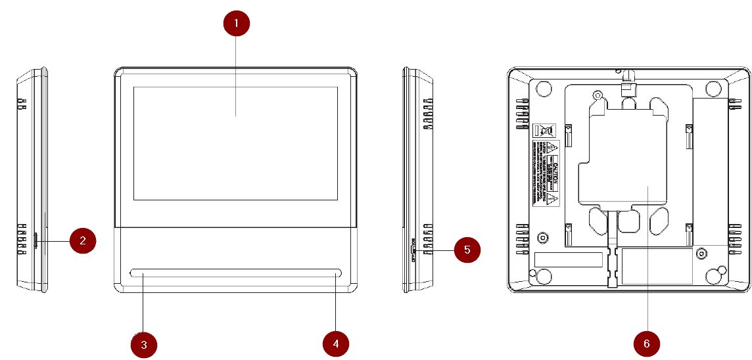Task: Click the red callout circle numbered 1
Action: tap(237, 24)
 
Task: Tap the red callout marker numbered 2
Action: tap(83, 240)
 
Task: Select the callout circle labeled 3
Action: tap(144, 344)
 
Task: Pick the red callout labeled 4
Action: tap(336, 343)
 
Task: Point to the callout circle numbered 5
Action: tap(467, 250)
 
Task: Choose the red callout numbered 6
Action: tap(647, 343)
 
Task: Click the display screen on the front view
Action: tap(235, 143)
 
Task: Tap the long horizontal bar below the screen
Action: tap(235, 273)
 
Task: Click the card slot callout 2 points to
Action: tap(35, 240)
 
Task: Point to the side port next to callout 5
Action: tap(413, 250)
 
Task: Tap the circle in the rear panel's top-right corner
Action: tap(715, 87)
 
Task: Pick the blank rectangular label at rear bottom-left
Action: tap(569, 259)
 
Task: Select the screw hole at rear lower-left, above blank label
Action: tap(543, 237)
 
